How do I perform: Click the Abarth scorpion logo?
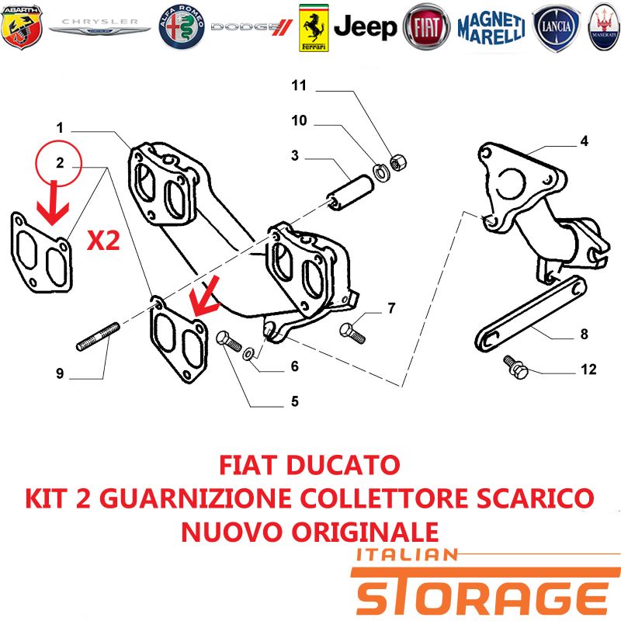(x=22, y=26)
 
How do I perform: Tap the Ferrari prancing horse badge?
(x=314, y=28)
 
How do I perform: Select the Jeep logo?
(x=365, y=27)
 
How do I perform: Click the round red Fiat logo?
(x=426, y=27)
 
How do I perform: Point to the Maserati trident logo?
(x=605, y=27)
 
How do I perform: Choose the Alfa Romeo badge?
(x=182, y=27)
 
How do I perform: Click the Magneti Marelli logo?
(x=491, y=27)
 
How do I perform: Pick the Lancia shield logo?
(x=556, y=28)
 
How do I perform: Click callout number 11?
(x=299, y=85)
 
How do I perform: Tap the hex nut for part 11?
(x=398, y=162)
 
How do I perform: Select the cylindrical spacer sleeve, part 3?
(x=349, y=193)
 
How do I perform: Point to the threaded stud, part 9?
(x=98, y=337)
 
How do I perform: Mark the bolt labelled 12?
(x=515, y=366)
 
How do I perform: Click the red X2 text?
(x=103, y=241)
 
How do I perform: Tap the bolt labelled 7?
(x=352, y=334)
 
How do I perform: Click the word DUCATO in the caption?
(x=343, y=465)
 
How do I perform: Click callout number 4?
(x=585, y=141)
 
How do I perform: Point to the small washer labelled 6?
(x=248, y=354)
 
